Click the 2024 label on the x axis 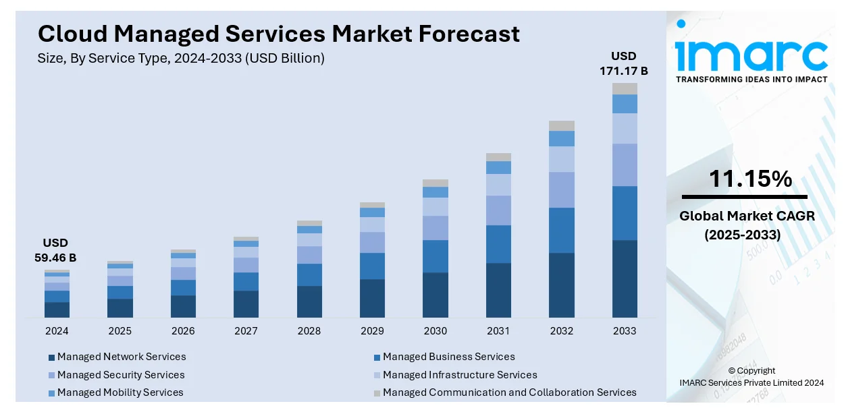[x=57, y=331]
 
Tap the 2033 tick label [x=625, y=331]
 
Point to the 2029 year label [x=372, y=331]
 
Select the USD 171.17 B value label [x=624, y=63]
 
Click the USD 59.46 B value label [x=55, y=250]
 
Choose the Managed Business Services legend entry [x=448, y=357]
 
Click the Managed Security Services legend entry [x=121, y=375]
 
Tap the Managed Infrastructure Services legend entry [x=460, y=375]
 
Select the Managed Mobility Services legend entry [x=120, y=392]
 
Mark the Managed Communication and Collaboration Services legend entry [x=509, y=392]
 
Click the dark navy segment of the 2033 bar [x=625, y=279]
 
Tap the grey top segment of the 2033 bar [x=625, y=88]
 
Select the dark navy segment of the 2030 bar [x=435, y=295]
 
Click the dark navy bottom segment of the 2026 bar [x=183, y=306]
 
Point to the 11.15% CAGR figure [x=750, y=179]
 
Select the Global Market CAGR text [x=747, y=216]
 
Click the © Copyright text [x=751, y=371]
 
